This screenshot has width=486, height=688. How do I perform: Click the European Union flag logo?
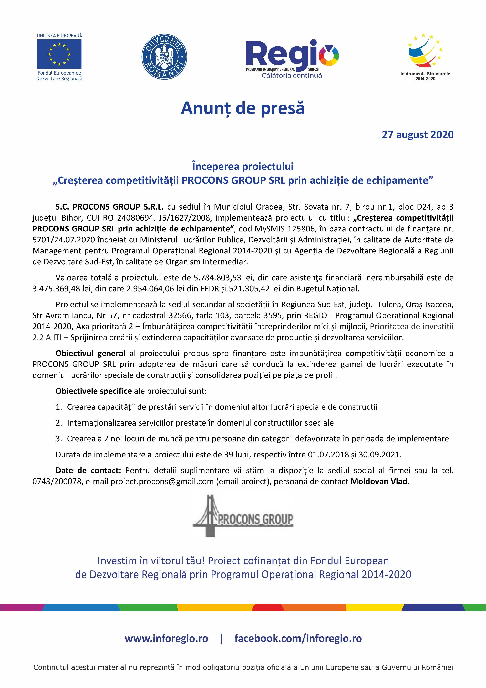pos(59,54)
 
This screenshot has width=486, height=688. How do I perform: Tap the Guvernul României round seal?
pos(164,57)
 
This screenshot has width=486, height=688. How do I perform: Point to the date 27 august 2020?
pos(417,135)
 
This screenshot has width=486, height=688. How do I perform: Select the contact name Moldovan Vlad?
pos(379,482)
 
